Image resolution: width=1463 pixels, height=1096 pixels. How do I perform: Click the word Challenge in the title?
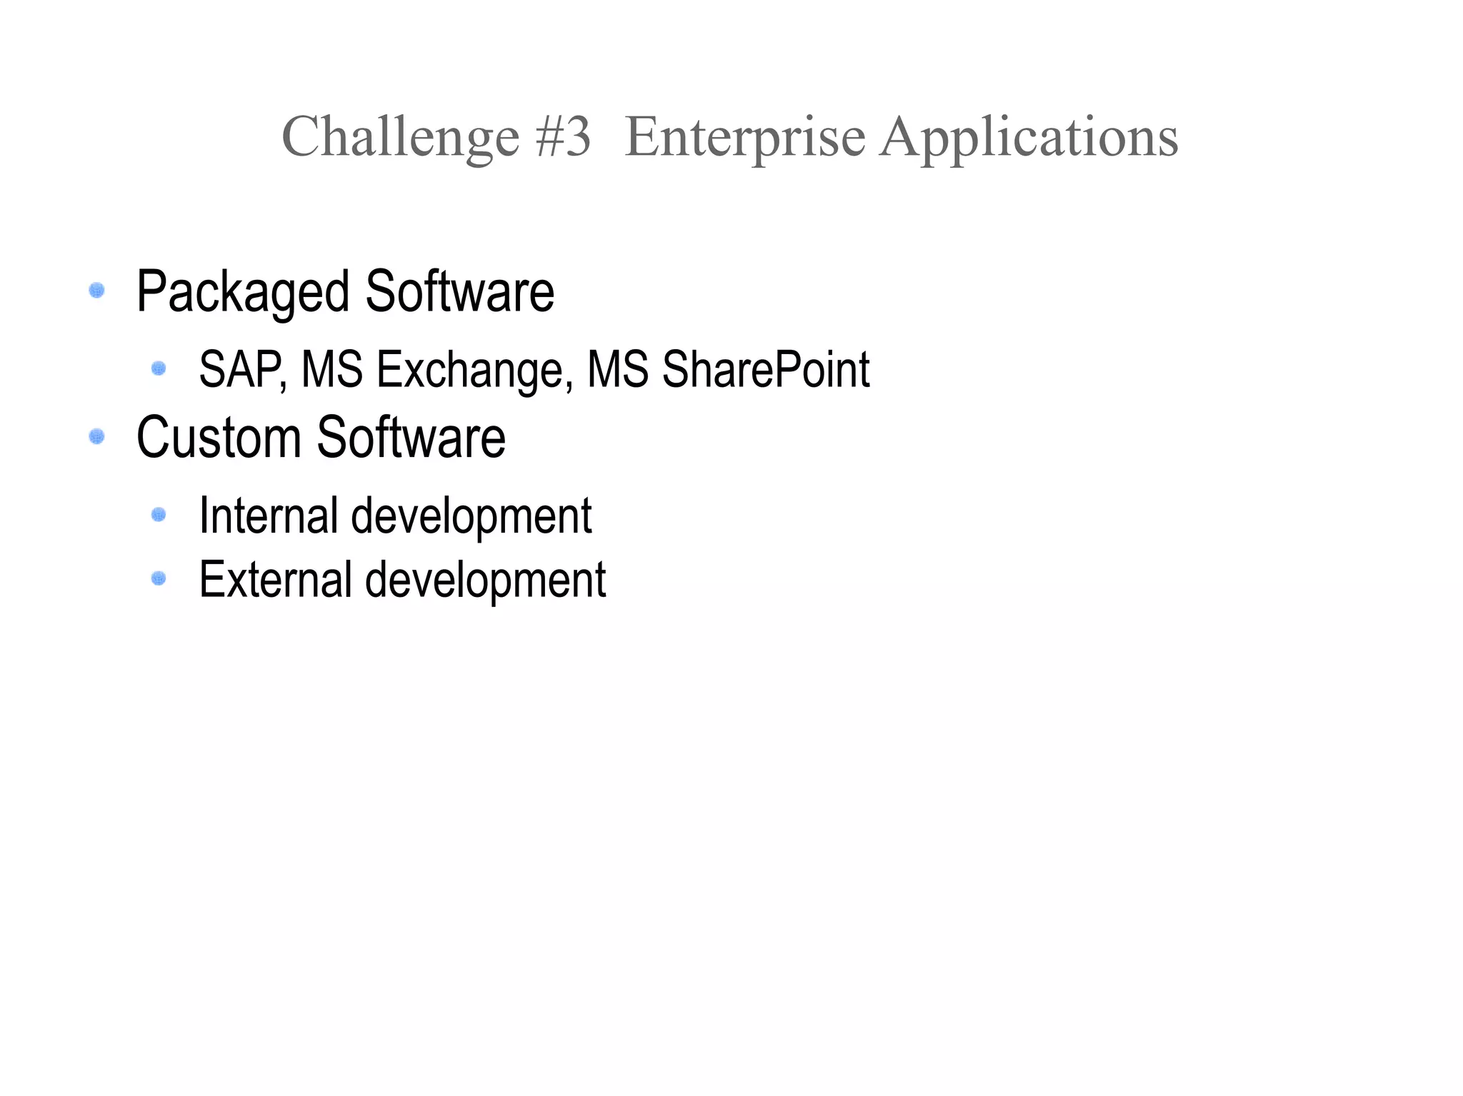coord(400,137)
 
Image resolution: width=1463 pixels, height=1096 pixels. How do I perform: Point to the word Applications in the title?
coord(1029,137)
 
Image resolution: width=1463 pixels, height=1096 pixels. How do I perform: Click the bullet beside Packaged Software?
coord(96,291)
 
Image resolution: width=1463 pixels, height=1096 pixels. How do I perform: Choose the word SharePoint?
coord(765,369)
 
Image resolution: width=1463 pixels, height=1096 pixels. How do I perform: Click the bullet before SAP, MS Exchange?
coord(159,368)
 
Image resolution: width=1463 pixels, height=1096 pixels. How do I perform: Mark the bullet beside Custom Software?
coord(96,436)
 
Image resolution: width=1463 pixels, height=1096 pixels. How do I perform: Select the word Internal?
coord(268,515)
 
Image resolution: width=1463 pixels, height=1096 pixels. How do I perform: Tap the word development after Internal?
coord(471,516)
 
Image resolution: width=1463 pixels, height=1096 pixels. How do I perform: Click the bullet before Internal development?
coord(159,514)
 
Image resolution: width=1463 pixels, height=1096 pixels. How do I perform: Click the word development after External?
coord(485,580)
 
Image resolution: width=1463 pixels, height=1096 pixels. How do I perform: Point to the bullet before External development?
coord(159,578)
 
